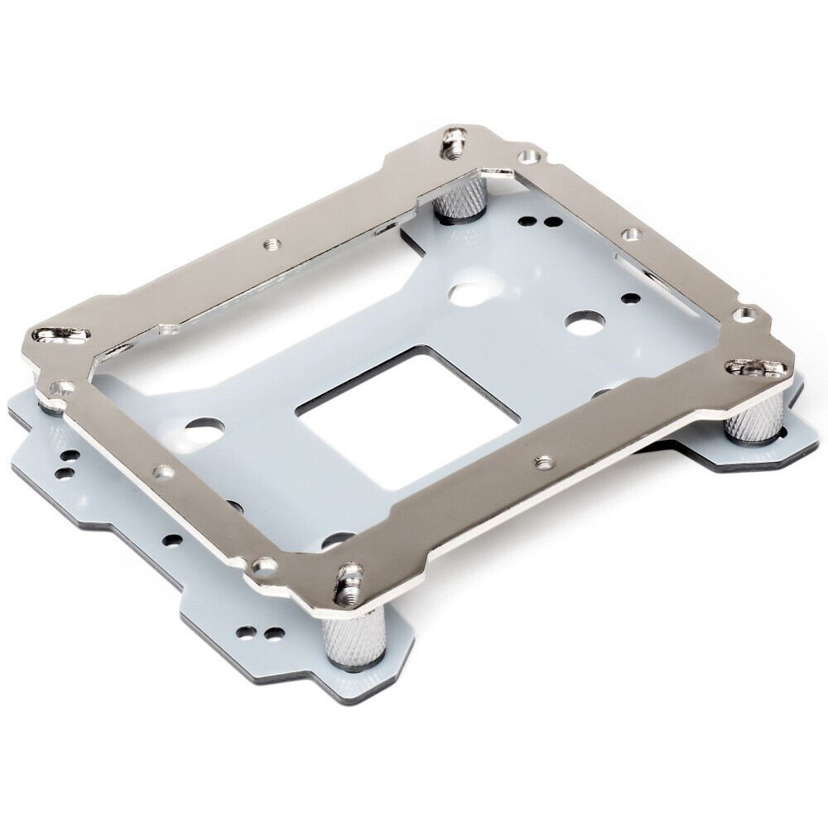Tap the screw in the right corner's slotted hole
point(750,366)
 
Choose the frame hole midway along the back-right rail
point(629,235)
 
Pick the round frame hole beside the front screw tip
point(264,565)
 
